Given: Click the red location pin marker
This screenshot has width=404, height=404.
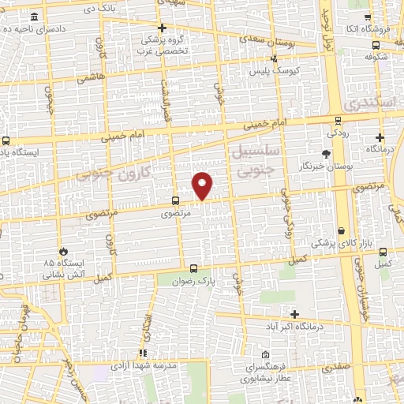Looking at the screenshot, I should pyautogui.click(x=203, y=185).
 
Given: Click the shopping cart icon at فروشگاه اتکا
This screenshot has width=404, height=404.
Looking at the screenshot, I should pyautogui.click(x=367, y=17).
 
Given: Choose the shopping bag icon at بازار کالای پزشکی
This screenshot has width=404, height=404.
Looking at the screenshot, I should pyautogui.click(x=341, y=230).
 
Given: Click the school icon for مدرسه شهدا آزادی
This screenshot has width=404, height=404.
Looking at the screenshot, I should pyautogui.click(x=143, y=353).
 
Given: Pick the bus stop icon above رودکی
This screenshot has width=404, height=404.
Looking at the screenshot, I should pyautogui.click(x=338, y=121).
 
